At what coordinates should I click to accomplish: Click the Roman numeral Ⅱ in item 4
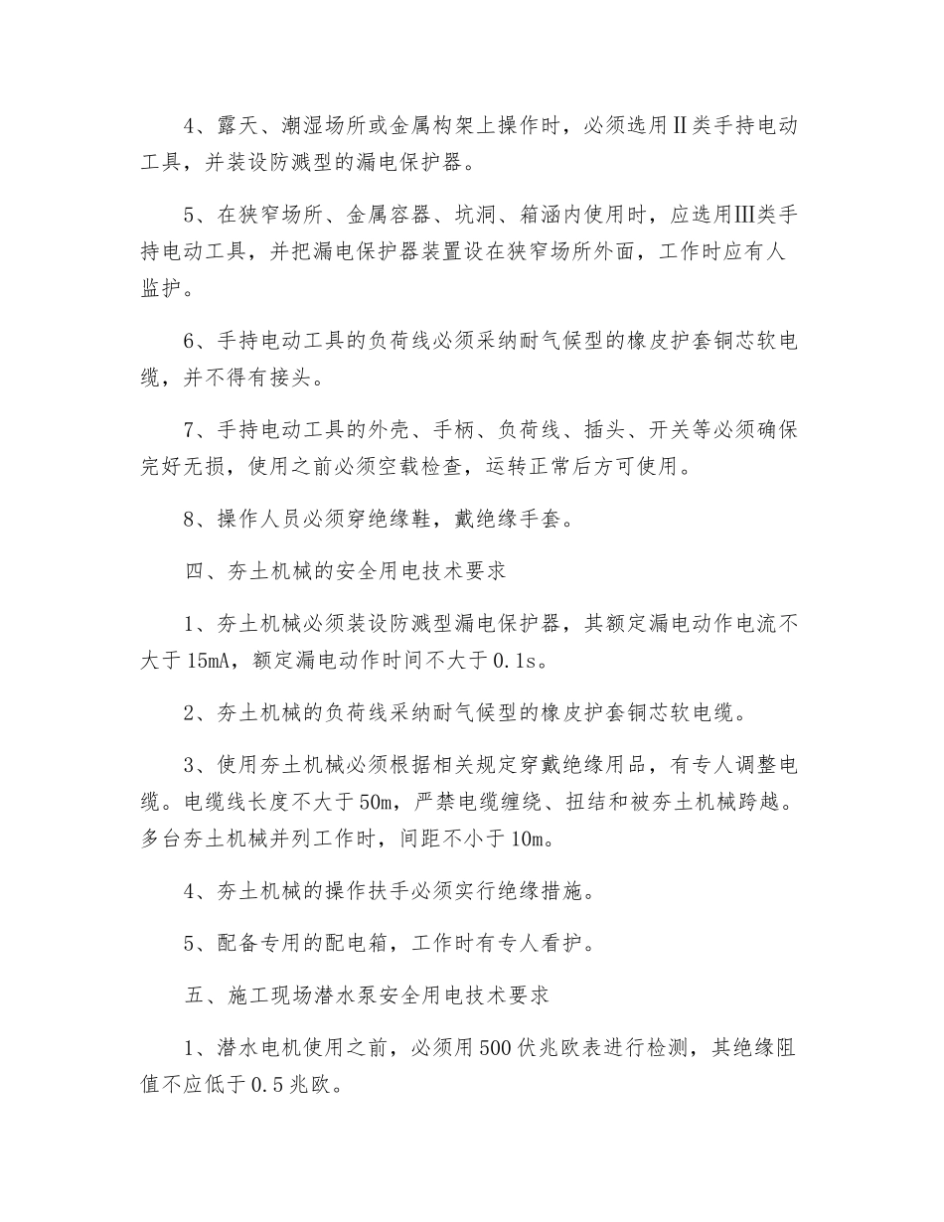click(683, 127)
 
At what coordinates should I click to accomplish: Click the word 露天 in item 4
click(240, 127)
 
